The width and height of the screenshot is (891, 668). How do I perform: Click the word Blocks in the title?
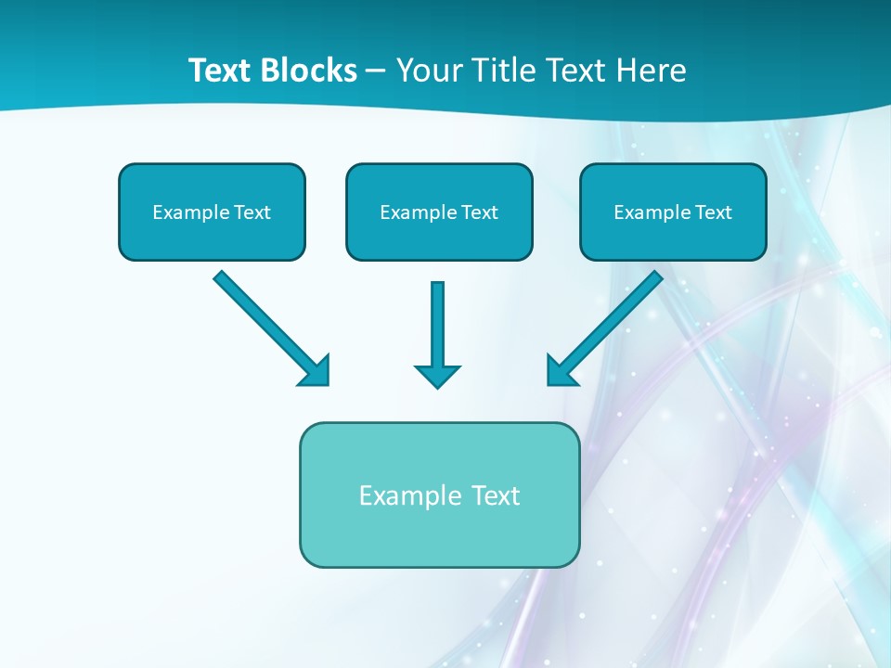tap(309, 71)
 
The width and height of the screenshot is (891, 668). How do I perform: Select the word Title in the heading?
tap(501, 71)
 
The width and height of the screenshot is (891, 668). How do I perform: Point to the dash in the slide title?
tap(376, 71)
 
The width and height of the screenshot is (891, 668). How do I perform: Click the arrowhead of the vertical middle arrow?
tap(437, 376)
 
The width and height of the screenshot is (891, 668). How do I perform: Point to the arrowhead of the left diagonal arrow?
tap(316, 372)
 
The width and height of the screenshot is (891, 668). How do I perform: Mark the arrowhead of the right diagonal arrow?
tap(560, 372)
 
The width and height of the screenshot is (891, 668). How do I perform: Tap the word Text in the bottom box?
tap(496, 495)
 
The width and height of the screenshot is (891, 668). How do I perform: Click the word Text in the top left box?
tap(252, 212)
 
